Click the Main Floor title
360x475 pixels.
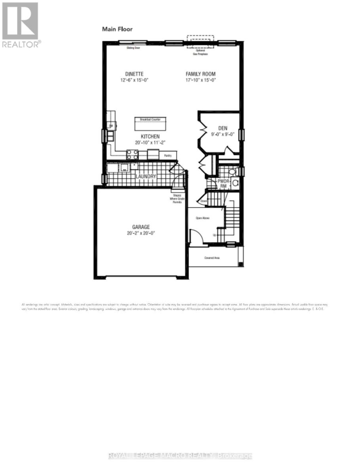(x=117, y=29)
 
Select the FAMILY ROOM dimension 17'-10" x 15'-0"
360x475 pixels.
(x=201, y=80)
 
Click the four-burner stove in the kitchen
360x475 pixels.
(x=132, y=154)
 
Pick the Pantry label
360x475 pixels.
(x=168, y=156)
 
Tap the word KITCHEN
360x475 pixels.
(x=147, y=137)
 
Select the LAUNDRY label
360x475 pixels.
(x=146, y=176)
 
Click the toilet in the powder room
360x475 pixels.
(x=235, y=183)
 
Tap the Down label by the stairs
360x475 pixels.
(x=204, y=201)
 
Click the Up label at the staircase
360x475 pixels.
(x=215, y=235)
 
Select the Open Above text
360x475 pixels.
(x=202, y=218)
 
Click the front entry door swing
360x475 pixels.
(x=196, y=237)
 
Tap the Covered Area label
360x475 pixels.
(x=212, y=258)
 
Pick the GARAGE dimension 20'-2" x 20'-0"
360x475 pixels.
(x=141, y=233)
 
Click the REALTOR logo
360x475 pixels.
(x=21, y=25)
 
